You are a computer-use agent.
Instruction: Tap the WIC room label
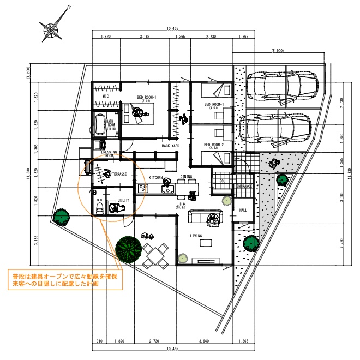point(107,97)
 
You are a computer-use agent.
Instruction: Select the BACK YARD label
point(171,146)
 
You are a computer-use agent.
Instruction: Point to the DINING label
point(186,177)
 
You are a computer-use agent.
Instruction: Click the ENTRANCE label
point(243,186)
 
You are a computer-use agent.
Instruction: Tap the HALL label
point(243,209)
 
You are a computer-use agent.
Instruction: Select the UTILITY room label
point(123,200)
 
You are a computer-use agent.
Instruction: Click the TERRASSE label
point(119,174)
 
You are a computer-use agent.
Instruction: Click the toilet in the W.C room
point(99,208)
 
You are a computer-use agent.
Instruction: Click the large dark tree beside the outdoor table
point(129,250)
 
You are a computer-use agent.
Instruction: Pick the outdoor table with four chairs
point(156,255)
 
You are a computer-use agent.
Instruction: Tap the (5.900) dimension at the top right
point(277,51)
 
